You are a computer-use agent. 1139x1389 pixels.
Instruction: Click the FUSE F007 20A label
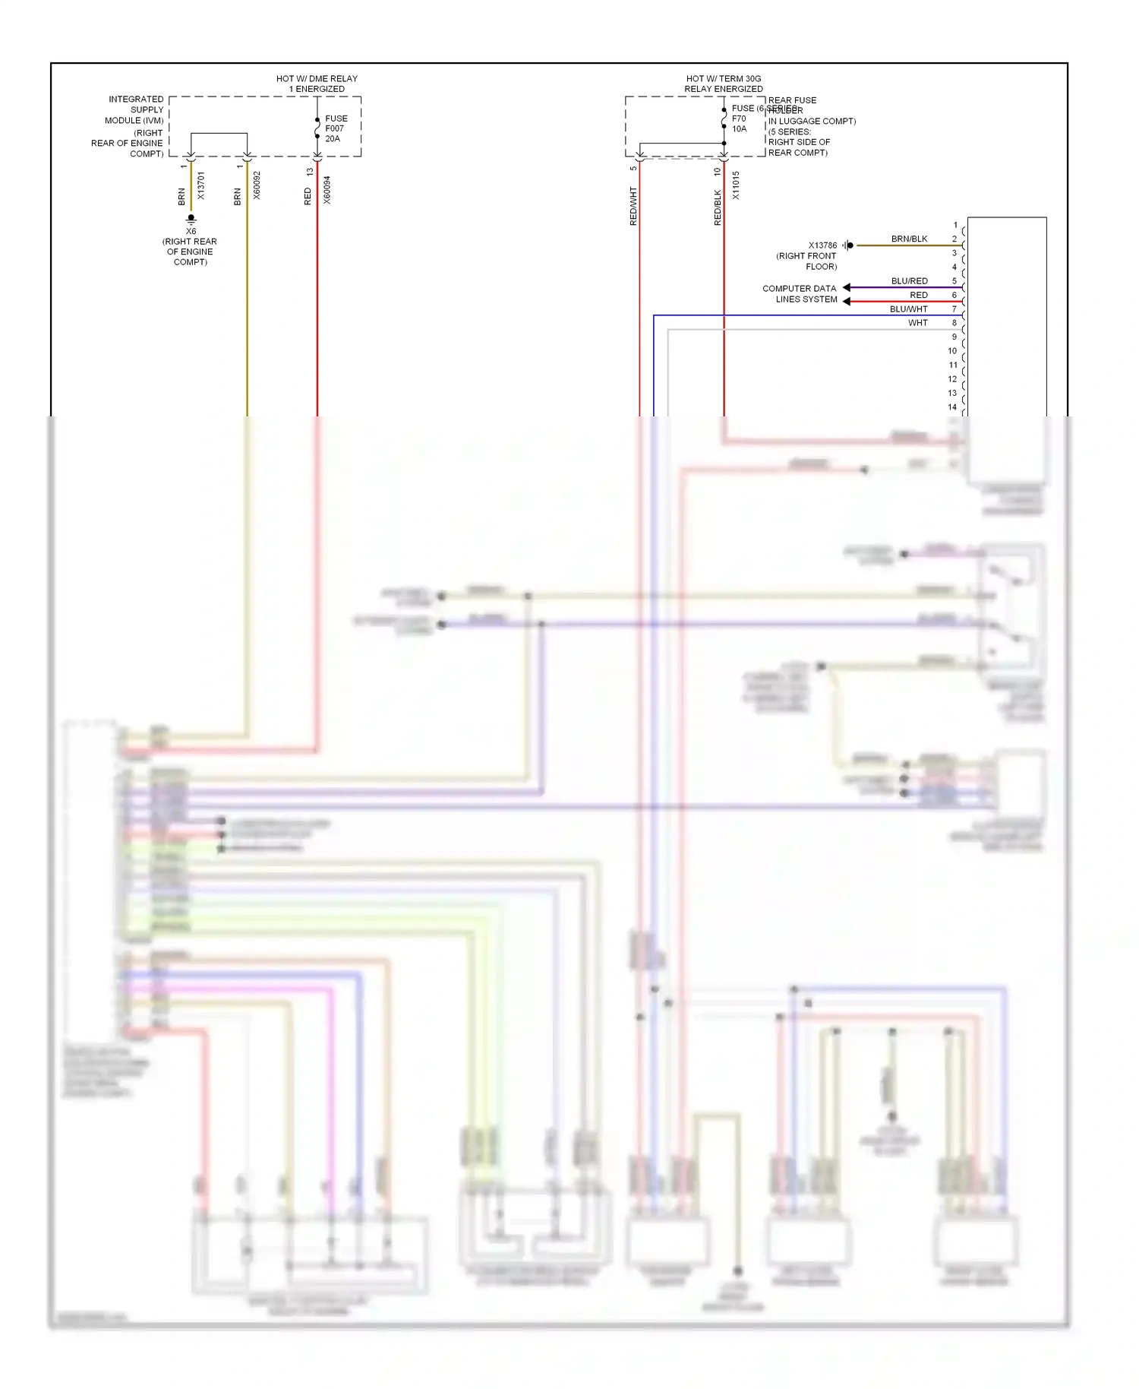pyautogui.click(x=336, y=128)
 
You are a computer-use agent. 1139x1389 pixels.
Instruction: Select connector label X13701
pyautogui.click(x=201, y=185)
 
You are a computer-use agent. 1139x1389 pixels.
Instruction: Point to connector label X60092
pyautogui.click(x=257, y=185)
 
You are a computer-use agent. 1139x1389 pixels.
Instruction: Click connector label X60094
pyautogui.click(x=327, y=190)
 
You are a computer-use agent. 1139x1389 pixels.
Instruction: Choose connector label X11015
pyautogui.click(x=736, y=185)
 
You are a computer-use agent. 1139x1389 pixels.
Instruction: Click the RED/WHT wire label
pyautogui.click(x=633, y=206)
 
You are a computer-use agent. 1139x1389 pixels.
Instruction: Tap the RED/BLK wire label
pyautogui.click(x=718, y=207)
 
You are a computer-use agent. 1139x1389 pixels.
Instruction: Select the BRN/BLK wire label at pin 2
pyautogui.click(x=909, y=239)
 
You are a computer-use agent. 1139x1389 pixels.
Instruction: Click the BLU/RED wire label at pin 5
pyautogui.click(x=909, y=281)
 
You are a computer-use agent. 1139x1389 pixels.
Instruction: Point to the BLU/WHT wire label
pyautogui.click(x=908, y=309)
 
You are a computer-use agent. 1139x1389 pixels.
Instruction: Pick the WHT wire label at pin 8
pyautogui.click(x=917, y=323)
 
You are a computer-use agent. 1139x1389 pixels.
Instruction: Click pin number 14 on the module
pyautogui.click(x=952, y=407)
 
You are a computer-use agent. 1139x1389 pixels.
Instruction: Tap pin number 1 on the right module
pyautogui.click(x=955, y=225)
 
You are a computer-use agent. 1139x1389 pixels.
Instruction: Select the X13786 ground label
pyautogui.click(x=822, y=245)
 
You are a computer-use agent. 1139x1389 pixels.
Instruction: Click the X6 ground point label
pyautogui.click(x=191, y=231)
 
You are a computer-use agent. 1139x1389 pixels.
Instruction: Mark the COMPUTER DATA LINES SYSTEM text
pyautogui.click(x=800, y=294)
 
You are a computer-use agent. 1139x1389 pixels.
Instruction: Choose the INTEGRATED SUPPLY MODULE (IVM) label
pyautogui.click(x=134, y=110)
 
